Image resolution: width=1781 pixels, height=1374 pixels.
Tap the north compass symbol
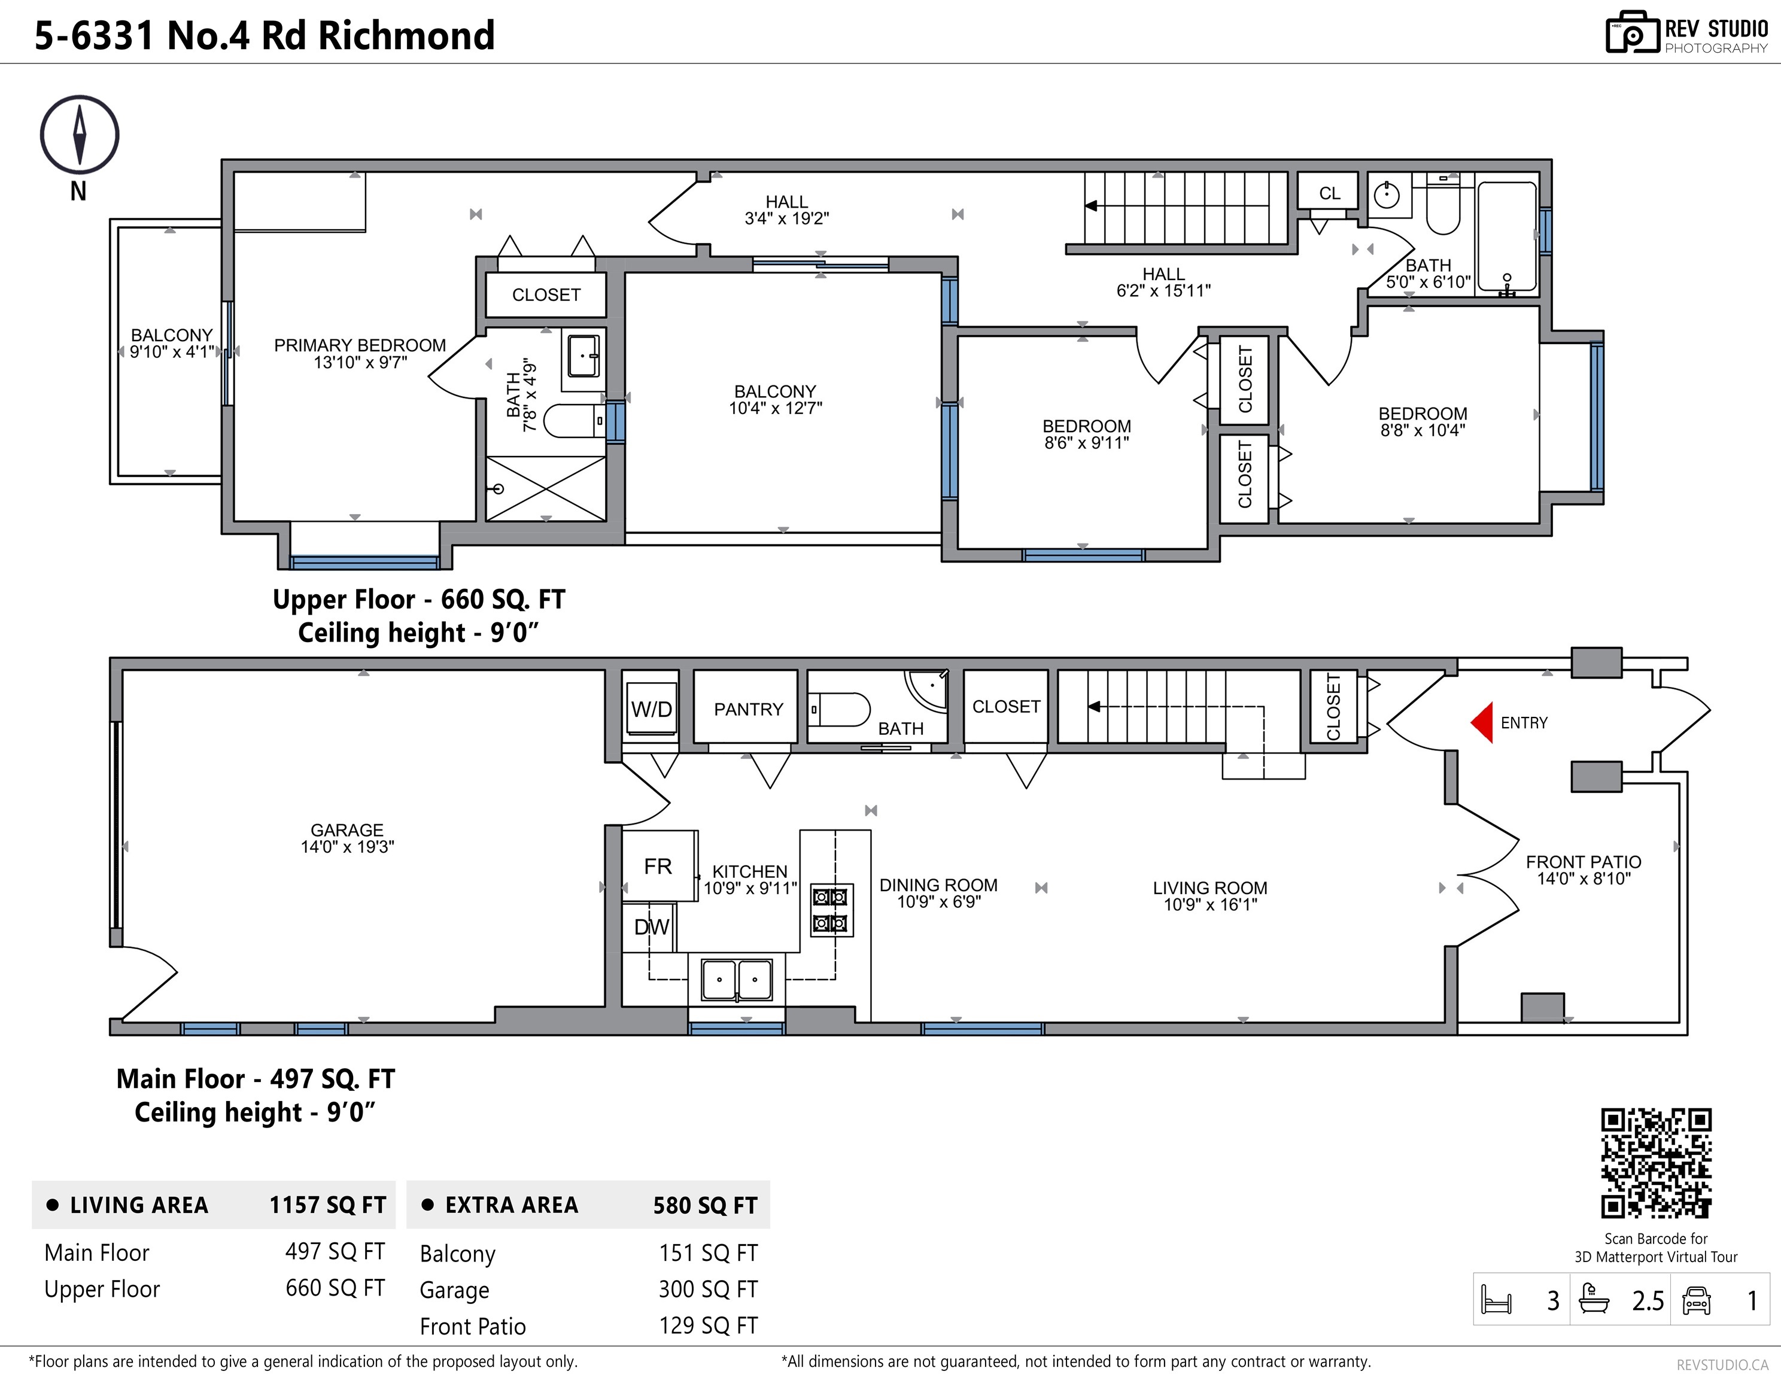[79, 135]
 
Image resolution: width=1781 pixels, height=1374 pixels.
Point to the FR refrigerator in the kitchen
[659, 865]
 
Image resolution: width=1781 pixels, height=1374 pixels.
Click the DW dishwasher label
[652, 927]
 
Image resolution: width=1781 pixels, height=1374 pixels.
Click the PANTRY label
[748, 709]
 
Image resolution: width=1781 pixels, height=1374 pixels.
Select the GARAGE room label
[347, 829]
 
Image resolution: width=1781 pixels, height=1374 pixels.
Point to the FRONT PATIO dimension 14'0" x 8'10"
[1584, 879]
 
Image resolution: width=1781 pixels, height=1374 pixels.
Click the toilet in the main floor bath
[840, 709]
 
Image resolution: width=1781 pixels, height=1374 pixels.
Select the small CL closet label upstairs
[1329, 193]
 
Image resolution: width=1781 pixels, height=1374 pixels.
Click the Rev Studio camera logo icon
[1633, 33]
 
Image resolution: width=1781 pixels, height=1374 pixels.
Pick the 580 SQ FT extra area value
[706, 1205]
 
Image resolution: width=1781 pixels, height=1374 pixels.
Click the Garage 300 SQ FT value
[709, 1289]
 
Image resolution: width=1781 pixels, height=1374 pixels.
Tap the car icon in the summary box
[1696, 1300]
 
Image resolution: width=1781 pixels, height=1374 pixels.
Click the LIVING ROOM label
[1210, 888]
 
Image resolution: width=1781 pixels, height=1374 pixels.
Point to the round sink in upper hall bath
[1386, 195]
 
